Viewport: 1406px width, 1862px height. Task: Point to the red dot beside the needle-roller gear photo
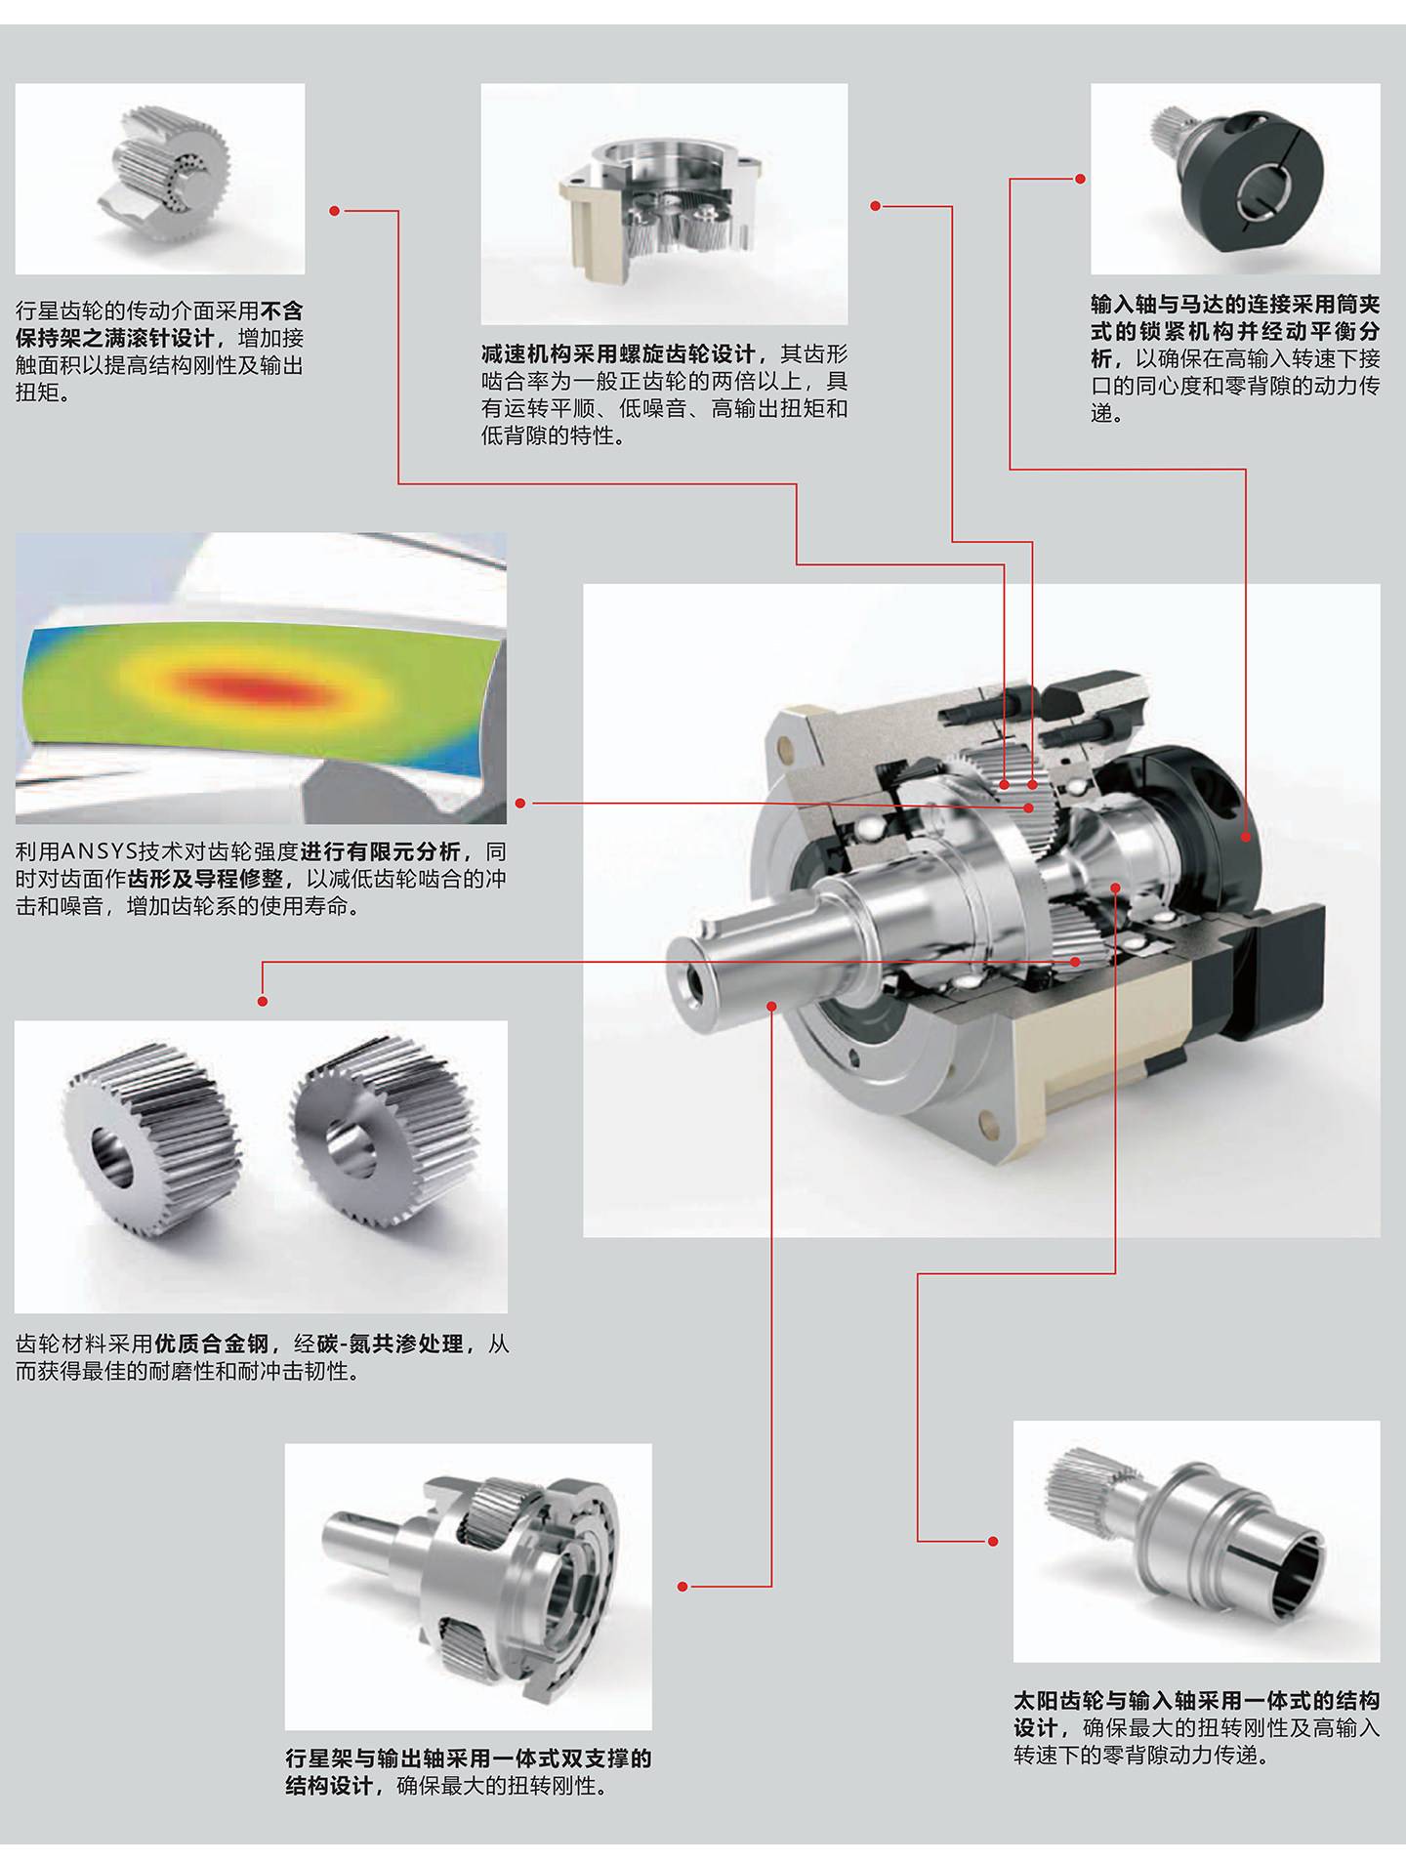(x=335, y=211)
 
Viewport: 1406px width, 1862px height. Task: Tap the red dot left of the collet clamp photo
(x=1080, y=179)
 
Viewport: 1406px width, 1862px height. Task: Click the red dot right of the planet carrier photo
(x=683, y=1587)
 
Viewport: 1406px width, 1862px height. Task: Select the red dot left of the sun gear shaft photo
(x=993, y=1541)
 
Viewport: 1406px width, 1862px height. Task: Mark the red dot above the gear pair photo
(x=262, y=1001)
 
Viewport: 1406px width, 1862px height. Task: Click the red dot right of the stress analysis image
(x=521, y=804)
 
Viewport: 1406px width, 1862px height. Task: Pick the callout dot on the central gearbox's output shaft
(x=771, y=1006)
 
